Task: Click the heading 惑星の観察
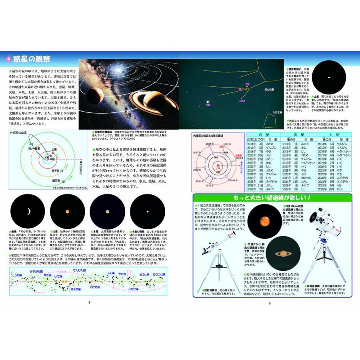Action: coord(30,59)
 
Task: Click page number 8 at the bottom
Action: coord(90,302)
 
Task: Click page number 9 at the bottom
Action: coord(270,302)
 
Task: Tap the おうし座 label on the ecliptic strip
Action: coord(144,275)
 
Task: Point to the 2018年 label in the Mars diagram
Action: coord(232,181)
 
